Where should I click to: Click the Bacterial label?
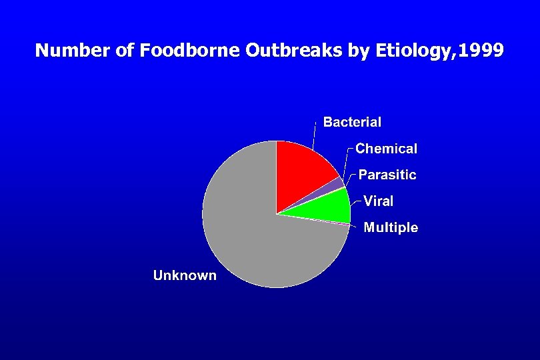pyautogui.click(x=352, y=122)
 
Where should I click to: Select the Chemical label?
pyautogui.click(x=386, y=149)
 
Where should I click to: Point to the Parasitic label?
pyautogui.click(x=387, y=175)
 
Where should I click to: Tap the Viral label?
pyautogui.click(x=378, y=201)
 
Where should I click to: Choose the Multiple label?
pyautogui.click(x=391, y=228)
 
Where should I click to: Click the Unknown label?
pyautogui.click(x=185, y=275)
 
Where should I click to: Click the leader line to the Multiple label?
pyautogui.click(x=357, y=227)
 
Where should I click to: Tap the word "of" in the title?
pyautogui.click(x=125, y=51)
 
